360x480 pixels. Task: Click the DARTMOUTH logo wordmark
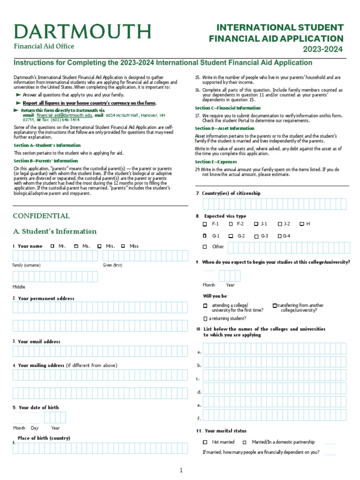[x=82, y=31]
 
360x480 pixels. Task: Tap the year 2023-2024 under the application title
[x=323, y=49]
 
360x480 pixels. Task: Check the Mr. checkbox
[x=52, y=246]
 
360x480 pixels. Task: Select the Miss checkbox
[x=123, y=246]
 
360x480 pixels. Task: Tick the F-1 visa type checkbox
[x=205, y=224]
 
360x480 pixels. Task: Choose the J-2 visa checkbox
[x=280, y=224]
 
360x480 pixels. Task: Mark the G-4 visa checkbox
[x=280, y=236]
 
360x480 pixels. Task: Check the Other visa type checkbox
[x=205, y=247]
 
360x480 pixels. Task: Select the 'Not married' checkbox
[x=205, y=442]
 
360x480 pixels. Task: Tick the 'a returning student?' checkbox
[x=205, y=319]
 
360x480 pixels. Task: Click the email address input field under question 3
[x=100, y=352]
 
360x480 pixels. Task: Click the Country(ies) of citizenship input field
[x=274, y=204]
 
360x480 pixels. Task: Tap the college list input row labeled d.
[x=274, y=391]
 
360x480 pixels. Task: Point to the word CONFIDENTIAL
[x=41, y=216]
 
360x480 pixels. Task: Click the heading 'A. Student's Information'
[x=54, y=232]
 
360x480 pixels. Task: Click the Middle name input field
[x=55, y=277]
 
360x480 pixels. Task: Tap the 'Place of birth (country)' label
[x=44, y=438]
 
